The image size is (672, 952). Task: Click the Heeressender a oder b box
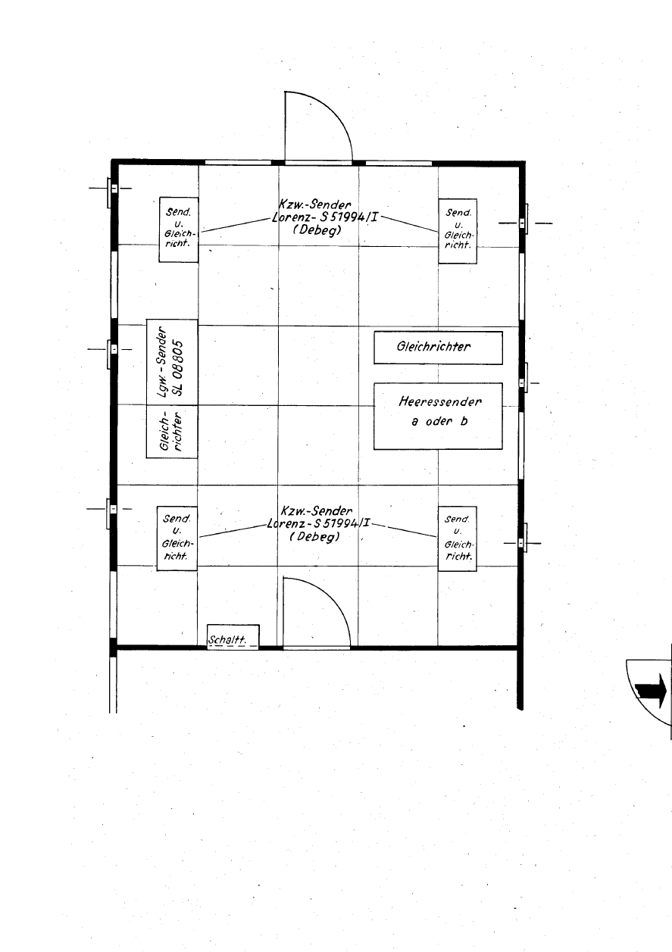coord(438,416)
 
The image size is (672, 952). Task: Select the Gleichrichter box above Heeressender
coord(438,348)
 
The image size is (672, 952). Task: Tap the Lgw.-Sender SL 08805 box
coord(172,362)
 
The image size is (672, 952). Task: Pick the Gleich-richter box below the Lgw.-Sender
coord(172,432)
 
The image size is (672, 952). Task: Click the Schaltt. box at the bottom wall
coord(233,637)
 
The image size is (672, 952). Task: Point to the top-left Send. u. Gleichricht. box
coord(179,229)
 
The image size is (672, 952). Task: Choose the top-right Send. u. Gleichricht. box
coord(458,231)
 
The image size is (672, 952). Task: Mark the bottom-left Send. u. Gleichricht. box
coord(177,538)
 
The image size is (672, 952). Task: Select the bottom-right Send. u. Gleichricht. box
coord(457,538)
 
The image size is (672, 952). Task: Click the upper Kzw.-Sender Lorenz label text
coord(324,217)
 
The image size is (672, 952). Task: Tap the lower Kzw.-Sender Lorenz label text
coord(319,523)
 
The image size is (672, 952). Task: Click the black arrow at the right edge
coord(650,691)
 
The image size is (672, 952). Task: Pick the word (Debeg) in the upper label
coord(317,230)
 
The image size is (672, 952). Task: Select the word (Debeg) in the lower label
coord(315,536)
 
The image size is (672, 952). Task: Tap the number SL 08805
coord(179,368)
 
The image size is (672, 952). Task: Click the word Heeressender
coord(440,401)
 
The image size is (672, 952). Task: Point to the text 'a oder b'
coord(439,421)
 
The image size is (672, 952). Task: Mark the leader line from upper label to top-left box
coord(236,225)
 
